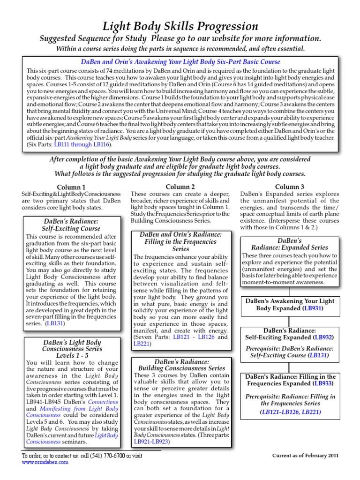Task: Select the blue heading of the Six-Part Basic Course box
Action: pos(180,61)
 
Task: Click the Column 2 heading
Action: pos(180,187)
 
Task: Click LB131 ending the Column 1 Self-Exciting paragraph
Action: pos(55,323)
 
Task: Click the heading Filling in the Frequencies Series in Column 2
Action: pos(180,241)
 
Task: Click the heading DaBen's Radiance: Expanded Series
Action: pos(289,244)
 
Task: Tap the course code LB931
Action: pos(312,309)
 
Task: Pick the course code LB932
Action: pos(323,337)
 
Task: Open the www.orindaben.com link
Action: pos(45,462)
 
